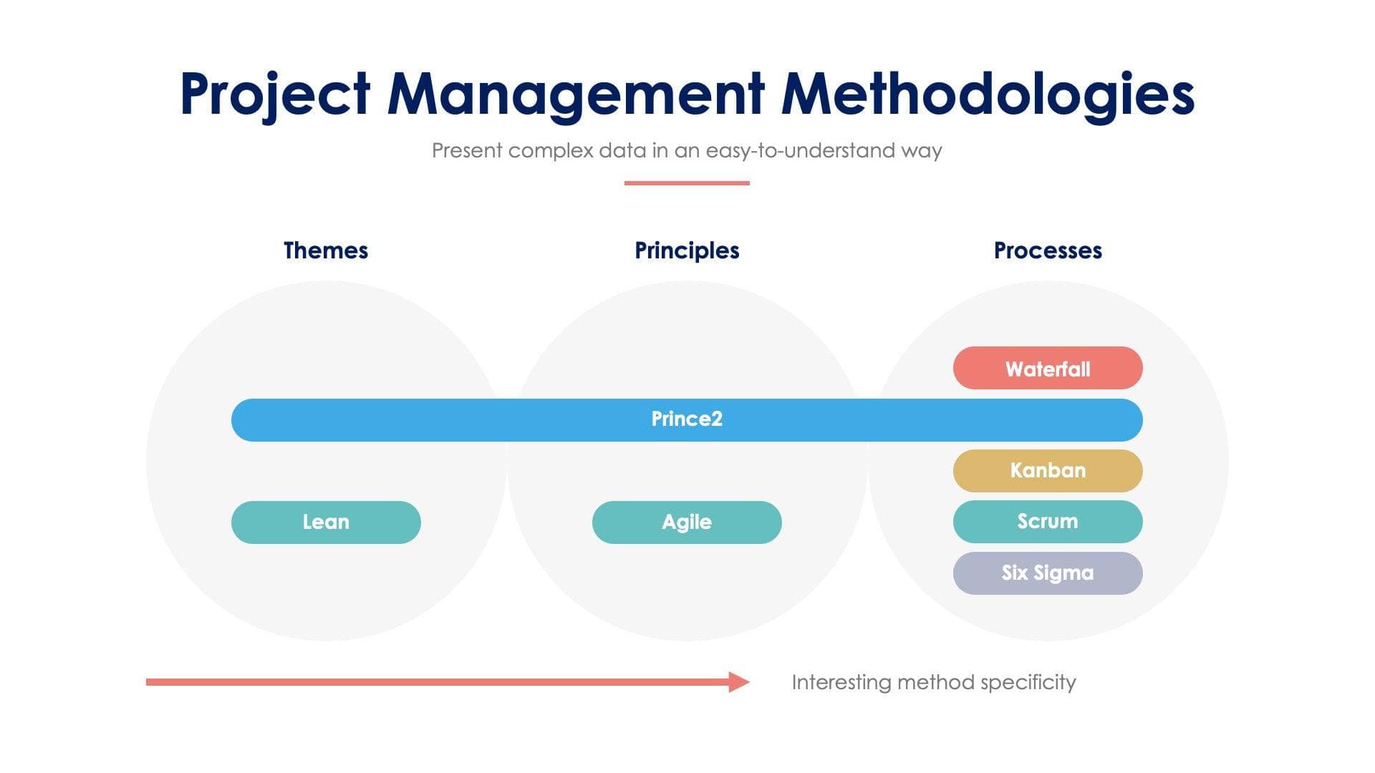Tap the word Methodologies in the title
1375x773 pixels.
(988, 94)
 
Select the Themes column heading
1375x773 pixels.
(326, 251)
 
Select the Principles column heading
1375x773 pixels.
(687, 251)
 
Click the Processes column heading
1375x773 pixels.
(1048, 251)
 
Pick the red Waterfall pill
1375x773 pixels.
(1048, 369)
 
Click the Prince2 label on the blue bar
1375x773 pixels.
(687, 419)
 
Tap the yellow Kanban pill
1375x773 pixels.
(1048, 471)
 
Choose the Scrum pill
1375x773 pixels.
(1048, 522)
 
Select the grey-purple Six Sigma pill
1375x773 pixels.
(1048, 573)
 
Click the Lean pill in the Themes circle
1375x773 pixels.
(326, 522)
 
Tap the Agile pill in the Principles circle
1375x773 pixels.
(687, 522)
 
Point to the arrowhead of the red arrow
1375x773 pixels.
(740, 682)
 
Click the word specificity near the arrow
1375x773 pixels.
(1028, 683)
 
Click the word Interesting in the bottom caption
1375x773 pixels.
(841, 683)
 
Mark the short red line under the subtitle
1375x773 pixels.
(687, 183)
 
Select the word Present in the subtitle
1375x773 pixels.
(467, 151)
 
